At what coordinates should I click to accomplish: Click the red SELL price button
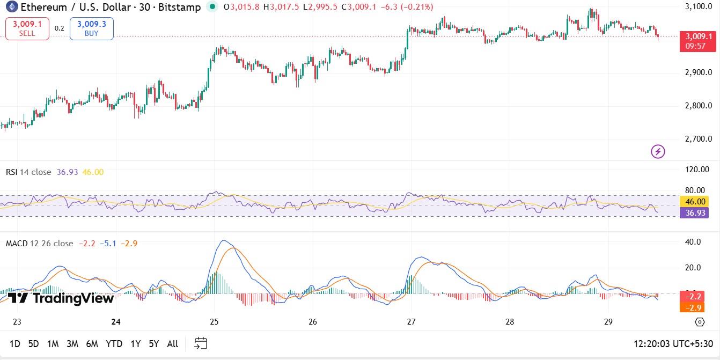[x=27, y=28]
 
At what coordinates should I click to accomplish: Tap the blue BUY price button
[x=91, y=28]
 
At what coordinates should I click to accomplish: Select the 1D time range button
[x=15, y=344]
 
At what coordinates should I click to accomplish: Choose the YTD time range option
[x=114, y=344]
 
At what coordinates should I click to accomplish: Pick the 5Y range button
[x=154, y=344]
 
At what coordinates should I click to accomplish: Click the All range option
[x=173, y=344]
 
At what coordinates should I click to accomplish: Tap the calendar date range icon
[x=201, y=343]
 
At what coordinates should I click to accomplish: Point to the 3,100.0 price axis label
[x=699, y=6]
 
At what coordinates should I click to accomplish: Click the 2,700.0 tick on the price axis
[x=699, y=139]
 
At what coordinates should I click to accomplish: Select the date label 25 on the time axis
[x=214, y=322]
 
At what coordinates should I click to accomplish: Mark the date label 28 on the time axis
[x=510, y=322]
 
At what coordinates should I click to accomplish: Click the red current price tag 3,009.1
[x=699, y=36]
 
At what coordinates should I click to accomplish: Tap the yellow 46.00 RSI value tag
[x=695, y=202]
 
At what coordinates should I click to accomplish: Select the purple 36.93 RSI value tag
[x=695, y=212]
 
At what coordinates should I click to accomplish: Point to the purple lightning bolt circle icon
[x=658, y=151]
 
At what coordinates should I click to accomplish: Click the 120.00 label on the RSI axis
[x=697, y=170]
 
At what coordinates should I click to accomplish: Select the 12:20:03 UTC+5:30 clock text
[x=673, y=344]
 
